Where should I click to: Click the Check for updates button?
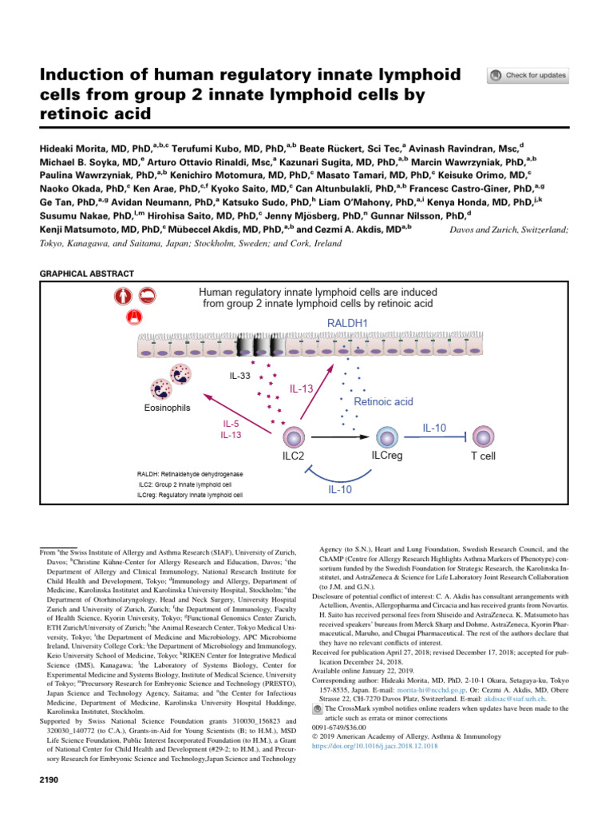click(x=528, y=76)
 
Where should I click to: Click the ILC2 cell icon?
click(x=295, y=436)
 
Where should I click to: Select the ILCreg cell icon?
click(x=386, y=436)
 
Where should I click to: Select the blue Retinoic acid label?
click(x=383, y=401)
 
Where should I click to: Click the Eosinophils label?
click(x=168, y=408)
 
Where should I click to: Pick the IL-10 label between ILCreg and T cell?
click(x=434, y=428)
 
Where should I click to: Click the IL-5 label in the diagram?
click(x=231, y=424)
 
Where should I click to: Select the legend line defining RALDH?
click(x=190, y=473)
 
